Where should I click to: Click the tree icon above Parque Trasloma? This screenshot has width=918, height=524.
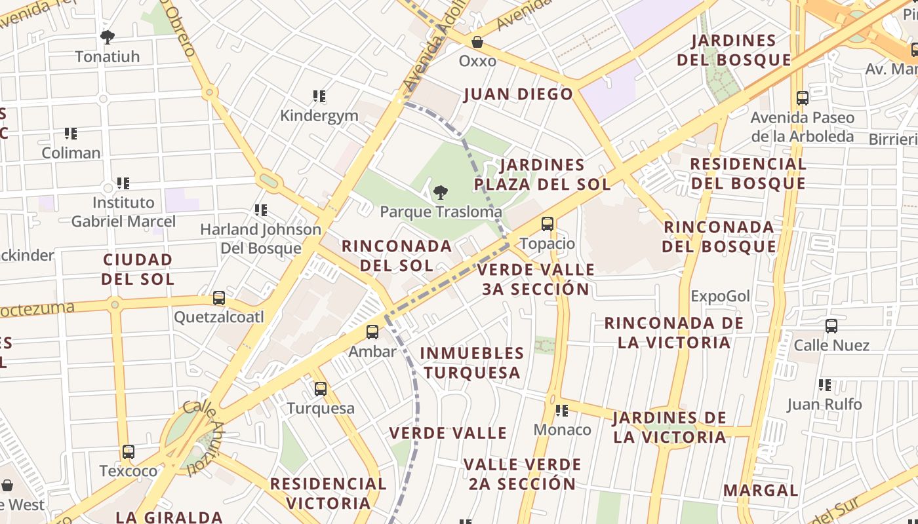(x=441, y=192)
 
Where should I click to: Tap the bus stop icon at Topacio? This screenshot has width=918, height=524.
(x=548, y=224)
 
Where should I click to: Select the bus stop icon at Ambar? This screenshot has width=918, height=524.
(x=372, y=332)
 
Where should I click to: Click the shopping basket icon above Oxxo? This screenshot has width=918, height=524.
(x=477, y=42)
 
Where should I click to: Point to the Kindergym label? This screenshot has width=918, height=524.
(x=319, y=116)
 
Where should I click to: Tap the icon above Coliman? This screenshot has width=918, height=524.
(x=71, y=134)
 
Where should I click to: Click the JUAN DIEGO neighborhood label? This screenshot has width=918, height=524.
(x=519, y=94)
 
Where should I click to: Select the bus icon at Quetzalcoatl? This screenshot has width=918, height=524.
(x=219, y=298)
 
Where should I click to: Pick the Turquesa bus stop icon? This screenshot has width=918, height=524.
(x=321, y=389)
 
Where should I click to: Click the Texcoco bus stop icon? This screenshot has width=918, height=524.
(x=129, y=452)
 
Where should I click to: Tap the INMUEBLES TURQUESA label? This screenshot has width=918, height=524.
(x=472, y=363)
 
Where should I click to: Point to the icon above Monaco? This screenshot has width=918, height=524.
(x=562, y=411)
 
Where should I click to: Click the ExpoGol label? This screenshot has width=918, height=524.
(x=720, y=296)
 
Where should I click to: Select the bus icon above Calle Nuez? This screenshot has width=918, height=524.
(x=831, y=326)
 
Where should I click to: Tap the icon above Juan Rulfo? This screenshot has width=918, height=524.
(x=825, y=385)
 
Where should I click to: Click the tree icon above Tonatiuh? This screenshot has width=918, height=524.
(x=108, y=37)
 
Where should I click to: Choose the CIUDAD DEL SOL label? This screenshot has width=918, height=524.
(x=138, y=269)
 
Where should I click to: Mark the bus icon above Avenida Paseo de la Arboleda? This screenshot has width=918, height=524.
(x=803, y=98)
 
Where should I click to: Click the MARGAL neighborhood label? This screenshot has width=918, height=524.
(x=761, y=490)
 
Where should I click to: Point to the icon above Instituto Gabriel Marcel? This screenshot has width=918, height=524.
(x=123, y=183)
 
